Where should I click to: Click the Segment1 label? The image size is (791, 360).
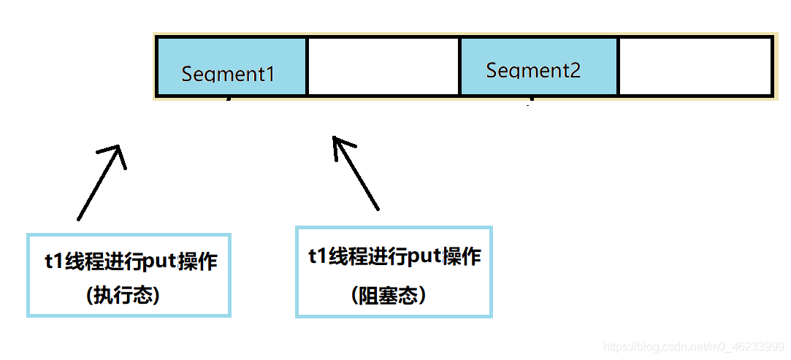(228, 74)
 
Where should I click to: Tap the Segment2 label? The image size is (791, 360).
(533, 70)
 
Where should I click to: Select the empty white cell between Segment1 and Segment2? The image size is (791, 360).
(383, 66)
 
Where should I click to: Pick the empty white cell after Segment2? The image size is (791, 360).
(695, 66)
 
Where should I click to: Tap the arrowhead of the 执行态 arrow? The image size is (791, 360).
(117, 150)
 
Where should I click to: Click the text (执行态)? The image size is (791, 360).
(123, 295)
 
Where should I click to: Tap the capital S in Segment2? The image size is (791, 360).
(492, 70)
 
